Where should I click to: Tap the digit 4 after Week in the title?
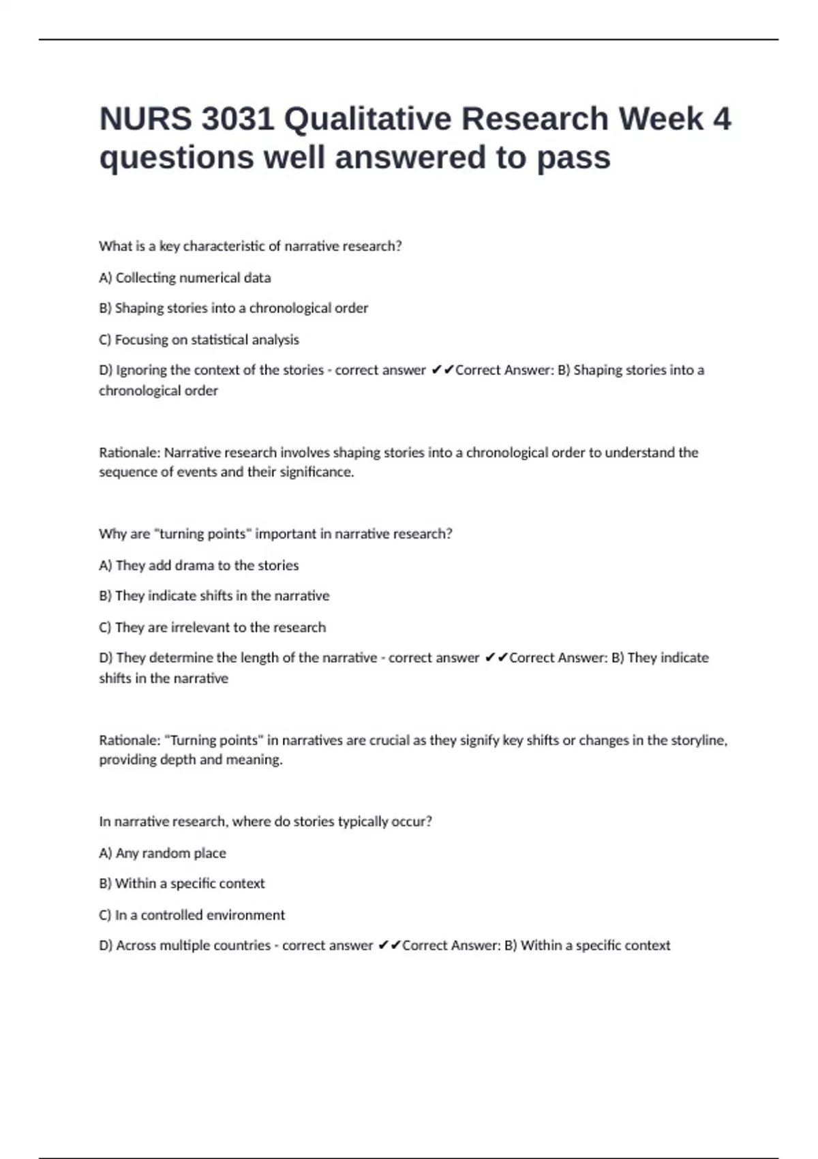click(721, 119)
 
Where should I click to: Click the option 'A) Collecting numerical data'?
click(185, 277)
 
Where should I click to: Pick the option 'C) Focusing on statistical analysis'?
click(199, 340)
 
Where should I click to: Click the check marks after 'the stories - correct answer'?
click(442, 370)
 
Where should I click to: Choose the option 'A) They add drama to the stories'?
click(199, 565)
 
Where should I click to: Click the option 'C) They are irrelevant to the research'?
click(213, 627)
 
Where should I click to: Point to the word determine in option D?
click(181, 658)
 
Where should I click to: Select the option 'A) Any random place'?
click(162, 853)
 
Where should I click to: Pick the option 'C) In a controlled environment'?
click(192, 915)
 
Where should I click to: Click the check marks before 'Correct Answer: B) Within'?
click(389, 946)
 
